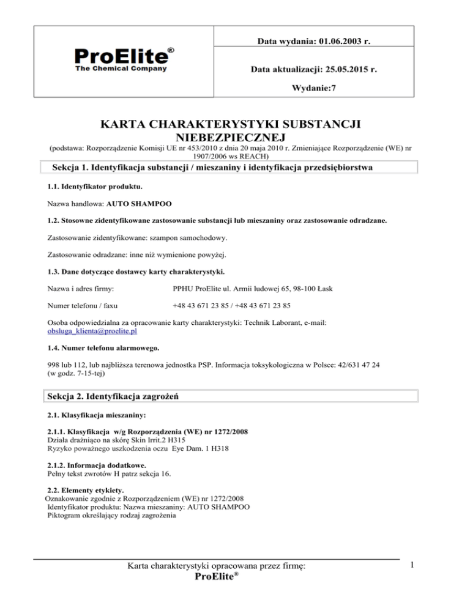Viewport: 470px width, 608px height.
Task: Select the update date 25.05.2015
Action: point(347,70)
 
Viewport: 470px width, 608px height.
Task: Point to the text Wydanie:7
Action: point(315,88)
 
